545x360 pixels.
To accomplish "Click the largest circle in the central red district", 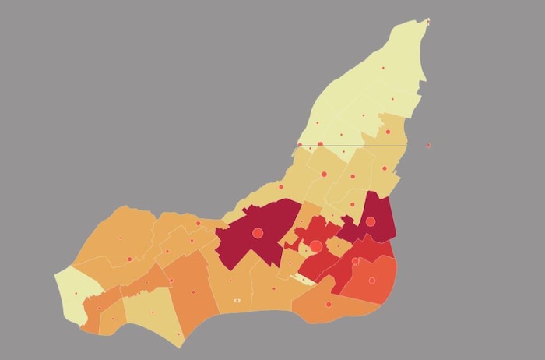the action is pyautogui.click(x=315, y=247).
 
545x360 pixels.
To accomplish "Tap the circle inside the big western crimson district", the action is pyautogui.click(x=260, y=232).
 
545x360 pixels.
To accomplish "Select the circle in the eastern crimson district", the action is pyautogui.click(x=371, y=222).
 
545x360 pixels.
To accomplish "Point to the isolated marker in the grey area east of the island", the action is pyautogui.click(x=427, y=145).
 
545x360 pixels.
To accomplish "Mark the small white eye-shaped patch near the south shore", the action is pyautogui.click(x=237, y=300).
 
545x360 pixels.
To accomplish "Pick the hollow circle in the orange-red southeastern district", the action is pyautogui.click(x=372, y=281).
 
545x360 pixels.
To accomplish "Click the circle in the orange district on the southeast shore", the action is pyautogui.click(x=329, y=304).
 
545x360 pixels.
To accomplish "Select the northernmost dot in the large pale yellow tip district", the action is pyautogui.click(x=382, y=69).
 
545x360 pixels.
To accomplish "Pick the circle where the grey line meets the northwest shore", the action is pyautogui.click(x=300, y=144).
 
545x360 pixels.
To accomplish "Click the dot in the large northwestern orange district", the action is pyautogui.click(x=120, y=238).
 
